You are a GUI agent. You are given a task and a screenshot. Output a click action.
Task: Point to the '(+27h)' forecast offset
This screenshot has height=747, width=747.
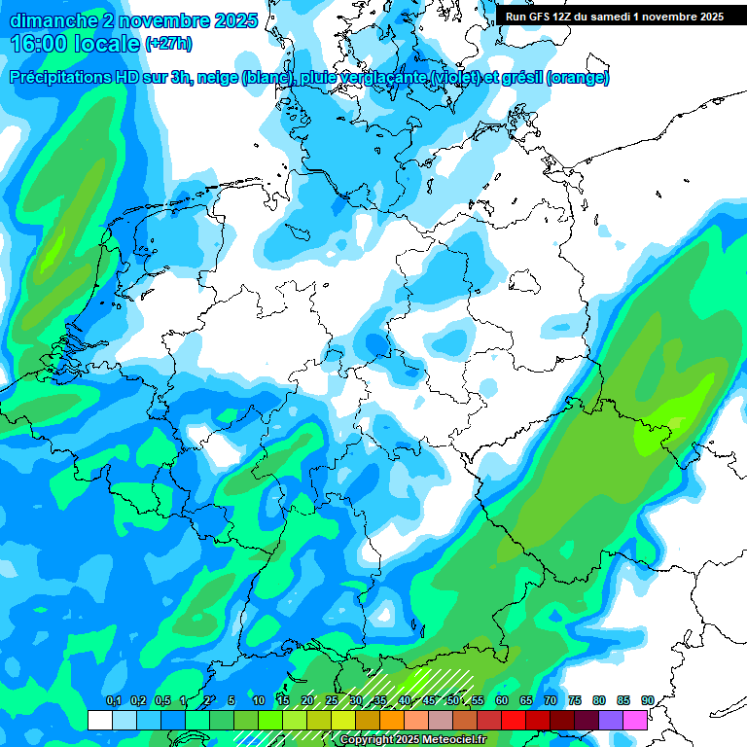pos(167,44)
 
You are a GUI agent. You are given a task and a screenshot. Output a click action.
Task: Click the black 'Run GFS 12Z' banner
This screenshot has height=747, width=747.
pos(614,17)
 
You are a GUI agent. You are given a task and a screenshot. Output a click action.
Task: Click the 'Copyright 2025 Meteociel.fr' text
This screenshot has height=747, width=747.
pos(412,740)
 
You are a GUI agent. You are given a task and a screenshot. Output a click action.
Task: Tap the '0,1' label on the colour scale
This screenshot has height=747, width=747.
pos(113,700)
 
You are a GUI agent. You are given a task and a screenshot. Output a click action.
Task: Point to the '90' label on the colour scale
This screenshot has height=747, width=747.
pos(648,700)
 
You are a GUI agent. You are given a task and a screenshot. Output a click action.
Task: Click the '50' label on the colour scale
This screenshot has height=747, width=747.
pos(453,700)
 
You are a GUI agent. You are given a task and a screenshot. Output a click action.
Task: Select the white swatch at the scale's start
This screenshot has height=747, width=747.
pos(99,720)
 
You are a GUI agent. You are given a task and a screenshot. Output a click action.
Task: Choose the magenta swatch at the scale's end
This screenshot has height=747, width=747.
pos(635,720)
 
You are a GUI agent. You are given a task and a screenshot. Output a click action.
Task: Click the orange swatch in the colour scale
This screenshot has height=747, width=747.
pos(392,720)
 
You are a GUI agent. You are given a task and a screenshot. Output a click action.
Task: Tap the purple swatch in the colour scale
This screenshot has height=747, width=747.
pos(611,720)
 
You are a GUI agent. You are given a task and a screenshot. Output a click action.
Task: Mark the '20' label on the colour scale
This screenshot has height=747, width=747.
pos(307,700)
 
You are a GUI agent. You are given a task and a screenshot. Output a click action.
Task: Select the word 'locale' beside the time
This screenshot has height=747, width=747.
pos(107,43)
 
